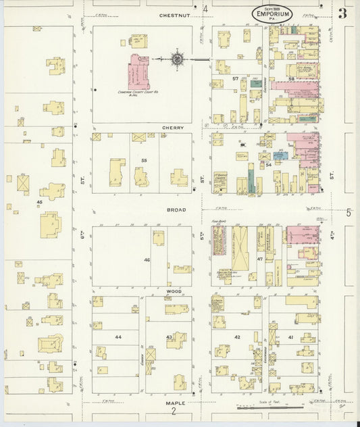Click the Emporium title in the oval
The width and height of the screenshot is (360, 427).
274,14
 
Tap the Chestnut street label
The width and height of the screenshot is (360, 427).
177,14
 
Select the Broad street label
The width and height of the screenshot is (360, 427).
177,210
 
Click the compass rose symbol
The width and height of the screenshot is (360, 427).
177,59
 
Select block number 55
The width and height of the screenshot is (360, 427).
144,160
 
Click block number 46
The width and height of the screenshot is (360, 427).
146,259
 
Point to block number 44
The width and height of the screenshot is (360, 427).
118,336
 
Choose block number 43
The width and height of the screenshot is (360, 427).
170,336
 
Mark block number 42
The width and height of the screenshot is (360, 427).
237,336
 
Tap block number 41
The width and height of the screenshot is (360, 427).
290,336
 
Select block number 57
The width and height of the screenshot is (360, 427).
235,79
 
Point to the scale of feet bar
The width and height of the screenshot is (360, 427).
276,407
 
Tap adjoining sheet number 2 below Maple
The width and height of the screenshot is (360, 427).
174,411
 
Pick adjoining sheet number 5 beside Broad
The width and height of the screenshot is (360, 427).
349,213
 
